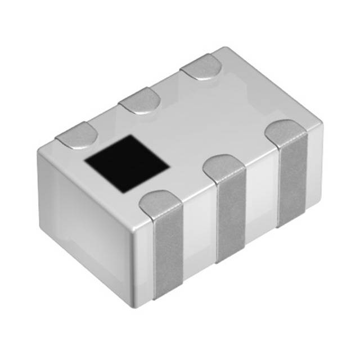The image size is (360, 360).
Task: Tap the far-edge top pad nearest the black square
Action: tap(76, 136)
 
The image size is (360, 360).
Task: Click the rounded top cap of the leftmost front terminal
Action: tap(160, 203)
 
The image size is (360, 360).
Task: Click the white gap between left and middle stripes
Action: tap(200, 236)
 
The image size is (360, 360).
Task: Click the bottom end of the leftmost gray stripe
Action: tap(169, 296)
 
